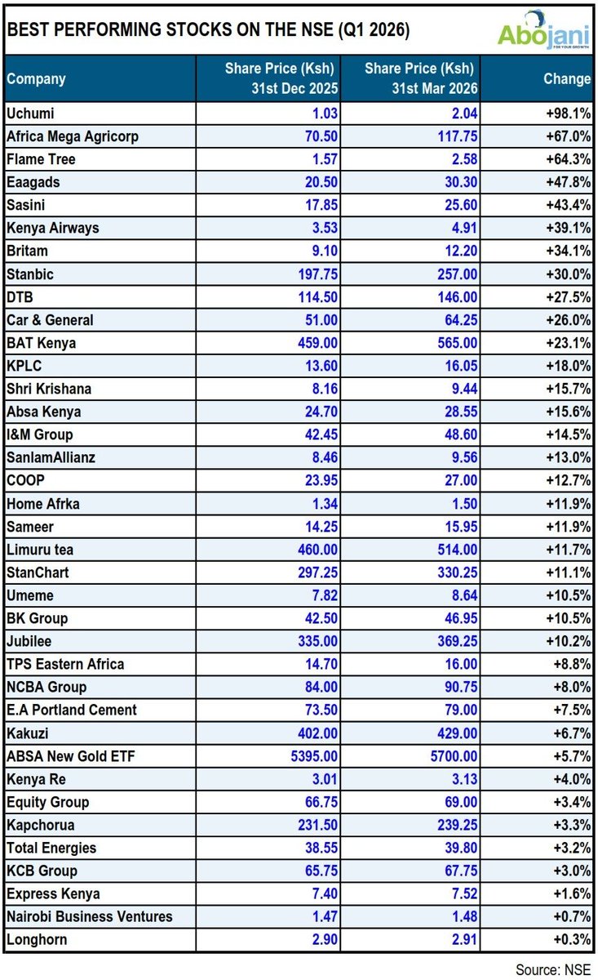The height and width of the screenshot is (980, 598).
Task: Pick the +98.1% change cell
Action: (x=569, y=114)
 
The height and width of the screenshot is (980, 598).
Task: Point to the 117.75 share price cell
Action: (x=455, y=136)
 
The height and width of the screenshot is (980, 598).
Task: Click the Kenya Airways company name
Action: (x=52, y=228)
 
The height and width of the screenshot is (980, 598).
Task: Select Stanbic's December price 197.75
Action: (x=317, y=274)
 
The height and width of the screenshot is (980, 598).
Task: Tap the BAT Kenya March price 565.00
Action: (x=455, y=343)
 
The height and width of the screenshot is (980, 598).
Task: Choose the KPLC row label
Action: (x=24, y=366)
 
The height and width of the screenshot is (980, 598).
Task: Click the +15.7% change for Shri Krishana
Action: (x=569, y=389)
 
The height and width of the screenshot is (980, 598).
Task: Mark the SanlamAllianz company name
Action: (x=51, y=457)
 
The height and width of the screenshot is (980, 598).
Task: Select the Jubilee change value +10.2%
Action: (x=569, y=641)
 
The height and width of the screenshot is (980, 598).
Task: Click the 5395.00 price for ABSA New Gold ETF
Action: (x=313, y=756)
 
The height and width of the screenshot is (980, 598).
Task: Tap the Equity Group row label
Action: (x=47, y=802)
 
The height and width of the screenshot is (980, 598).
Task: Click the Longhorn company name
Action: (x=36, y=939)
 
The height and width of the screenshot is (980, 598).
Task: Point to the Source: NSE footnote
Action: (x=553, y=969)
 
